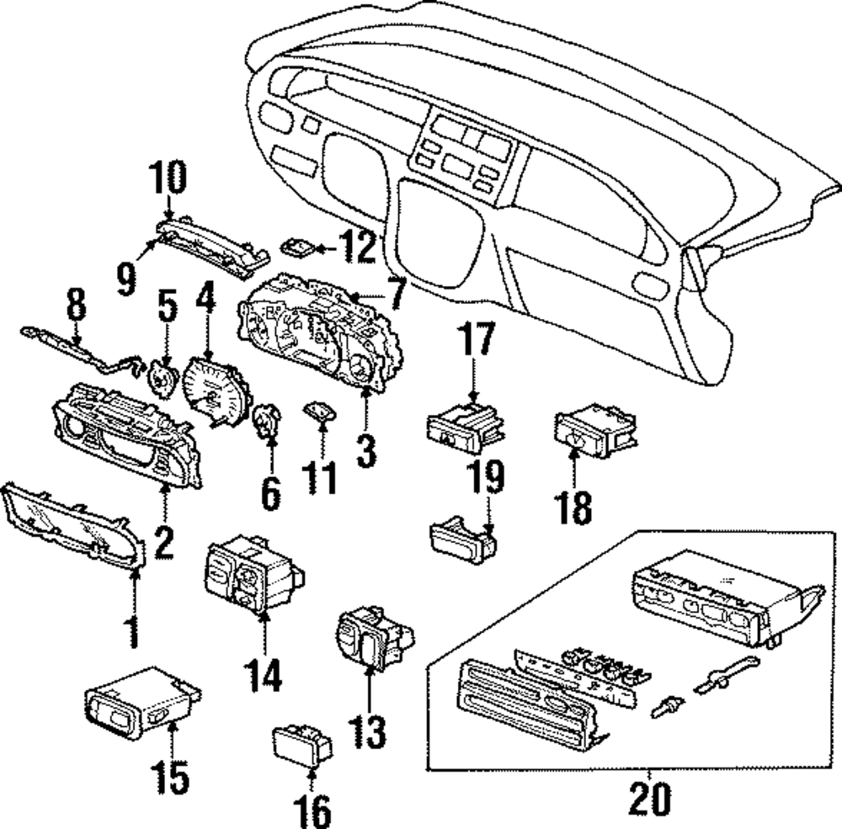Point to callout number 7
[397, 293]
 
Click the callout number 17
[477, 338]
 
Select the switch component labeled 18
[595, 431]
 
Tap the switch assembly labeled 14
[253, 575]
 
